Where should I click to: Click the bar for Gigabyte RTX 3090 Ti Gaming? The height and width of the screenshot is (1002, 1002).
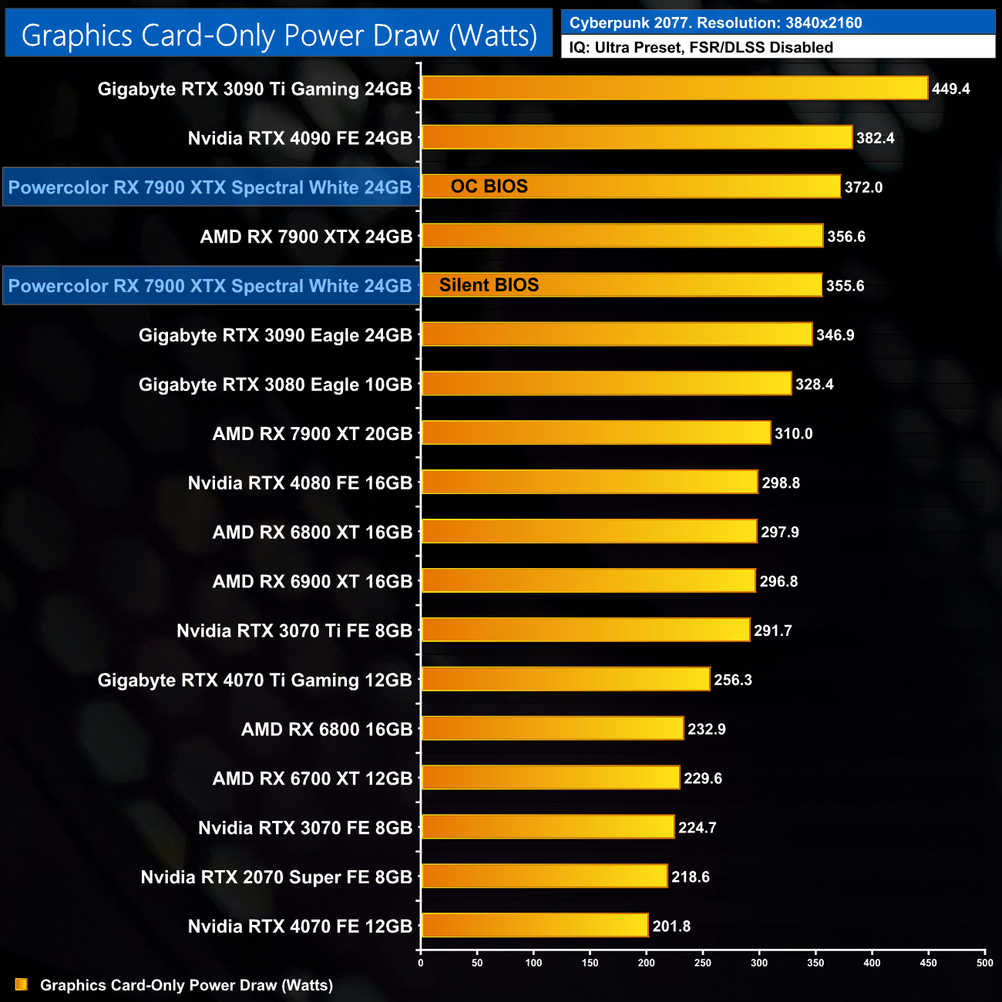click(674, 88)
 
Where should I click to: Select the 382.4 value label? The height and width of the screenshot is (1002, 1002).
click(875, 138)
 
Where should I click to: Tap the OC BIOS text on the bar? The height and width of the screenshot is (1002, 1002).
click(489, 187)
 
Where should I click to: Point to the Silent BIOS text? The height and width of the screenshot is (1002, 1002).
click(489, 285)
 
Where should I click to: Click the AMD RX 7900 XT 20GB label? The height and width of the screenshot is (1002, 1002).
click(312, 434)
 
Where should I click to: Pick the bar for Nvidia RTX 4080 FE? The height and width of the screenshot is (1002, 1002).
click(590, 483)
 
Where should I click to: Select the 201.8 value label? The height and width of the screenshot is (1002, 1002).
click(671, 926)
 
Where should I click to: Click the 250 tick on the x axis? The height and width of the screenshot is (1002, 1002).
click(703, 963)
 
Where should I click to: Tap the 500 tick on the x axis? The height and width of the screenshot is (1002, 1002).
click(984, 963)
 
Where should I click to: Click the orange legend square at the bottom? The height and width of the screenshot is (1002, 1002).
click(21, 985)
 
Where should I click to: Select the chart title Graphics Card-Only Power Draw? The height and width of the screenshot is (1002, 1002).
click(279, 35)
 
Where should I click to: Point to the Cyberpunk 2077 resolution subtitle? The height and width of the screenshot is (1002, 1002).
click(715, 23)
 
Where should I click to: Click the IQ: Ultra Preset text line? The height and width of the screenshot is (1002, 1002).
click(701, 48)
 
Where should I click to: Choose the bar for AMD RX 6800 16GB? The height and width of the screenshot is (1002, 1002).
click(553, 728)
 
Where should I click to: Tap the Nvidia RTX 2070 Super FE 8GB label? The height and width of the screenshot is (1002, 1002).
click(277, 877)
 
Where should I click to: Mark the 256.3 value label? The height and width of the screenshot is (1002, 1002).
click(732, 680)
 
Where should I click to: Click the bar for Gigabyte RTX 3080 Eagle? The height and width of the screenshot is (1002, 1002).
click(607, 384)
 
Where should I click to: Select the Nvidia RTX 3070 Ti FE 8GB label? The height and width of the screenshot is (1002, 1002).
click(294, 631)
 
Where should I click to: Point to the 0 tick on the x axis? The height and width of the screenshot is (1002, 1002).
click(420, 963)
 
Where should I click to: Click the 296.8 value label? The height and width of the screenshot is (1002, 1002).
click(778, 581)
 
